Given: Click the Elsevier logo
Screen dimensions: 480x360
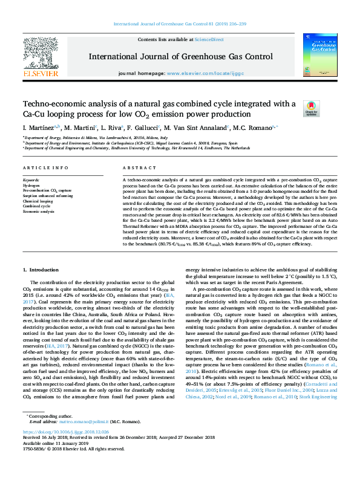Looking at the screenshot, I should pyautogui.click(x=41, y=57).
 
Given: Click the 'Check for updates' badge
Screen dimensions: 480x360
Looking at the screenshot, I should pyautogui.click(x=312, y=108).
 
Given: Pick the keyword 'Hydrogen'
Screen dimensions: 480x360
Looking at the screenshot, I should pyautogui.click(x=31, y=185).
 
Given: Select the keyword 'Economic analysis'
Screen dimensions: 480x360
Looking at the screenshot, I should pyautogui.click(x=38, y=212).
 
